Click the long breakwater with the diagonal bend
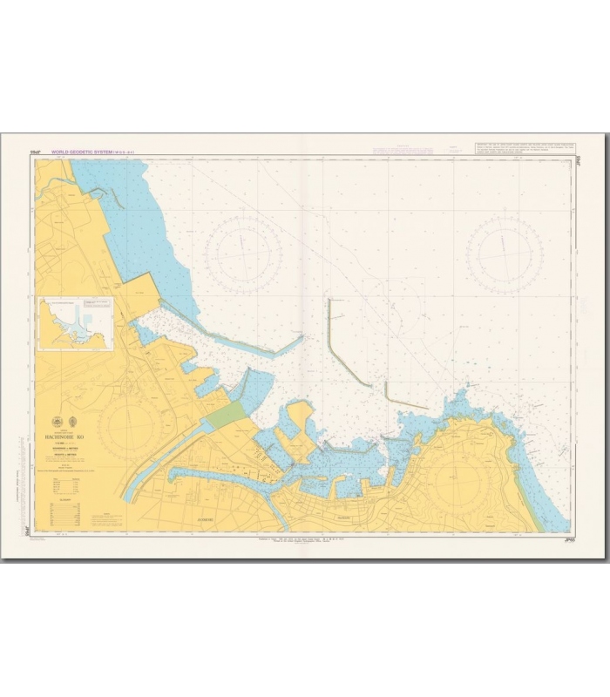[340, 344]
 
